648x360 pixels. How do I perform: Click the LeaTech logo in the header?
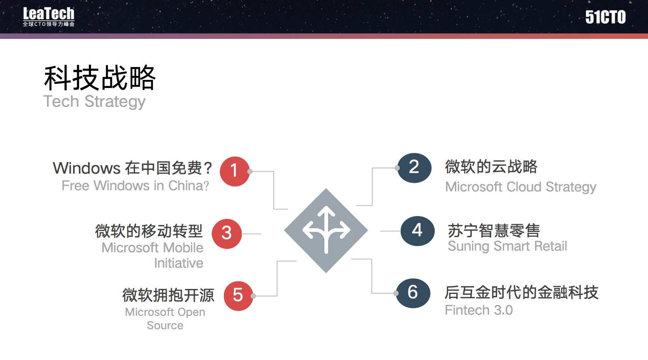click(x=49, y=17)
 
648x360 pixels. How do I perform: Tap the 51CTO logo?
click(x=605, y=17)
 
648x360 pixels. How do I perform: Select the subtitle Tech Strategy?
click(x=94, y=101)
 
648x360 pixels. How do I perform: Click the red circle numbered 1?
click(x=234, y=171)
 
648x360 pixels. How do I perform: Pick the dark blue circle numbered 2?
click(x=414, y=168)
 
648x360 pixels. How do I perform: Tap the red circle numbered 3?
click(x=227, y=234)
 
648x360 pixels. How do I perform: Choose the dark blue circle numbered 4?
click(x=417, y=231)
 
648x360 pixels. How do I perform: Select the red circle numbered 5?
click(x=238, y=296)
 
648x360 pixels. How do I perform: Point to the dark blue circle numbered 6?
click(x=413, y=293)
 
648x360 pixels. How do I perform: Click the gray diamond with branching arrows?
click(x=326, y=230)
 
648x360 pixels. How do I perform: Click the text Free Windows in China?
click(x=135, y=186)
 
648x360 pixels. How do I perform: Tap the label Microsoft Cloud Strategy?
click(x=521, y=187)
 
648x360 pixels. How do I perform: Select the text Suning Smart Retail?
click(x=507, y=246)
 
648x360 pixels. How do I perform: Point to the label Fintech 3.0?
click(x=478, y=310)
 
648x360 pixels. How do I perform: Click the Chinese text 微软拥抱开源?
click(x=168, y=295)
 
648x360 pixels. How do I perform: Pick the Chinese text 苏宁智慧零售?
click(x=494, y=230)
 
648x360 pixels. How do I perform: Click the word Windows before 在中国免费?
click(x=87, y=168)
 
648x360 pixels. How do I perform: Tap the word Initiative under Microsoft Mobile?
click(x=178, y=263)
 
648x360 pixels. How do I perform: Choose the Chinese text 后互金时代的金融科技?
click(x=521, y=292)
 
